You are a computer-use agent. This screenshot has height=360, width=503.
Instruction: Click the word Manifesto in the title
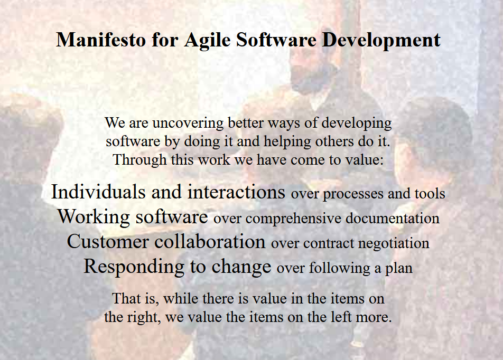click(101, 40)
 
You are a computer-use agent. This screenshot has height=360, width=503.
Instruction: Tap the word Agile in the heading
click(207, 41)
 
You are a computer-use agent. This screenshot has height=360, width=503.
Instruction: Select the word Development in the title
click(381, 41)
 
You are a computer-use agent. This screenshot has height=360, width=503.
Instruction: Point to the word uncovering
click(188, 123)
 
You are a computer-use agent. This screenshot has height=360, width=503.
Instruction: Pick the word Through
click(140, 160)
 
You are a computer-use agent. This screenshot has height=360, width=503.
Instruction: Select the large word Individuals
click(98, 192)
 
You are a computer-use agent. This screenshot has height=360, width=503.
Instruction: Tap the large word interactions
click(236, 192)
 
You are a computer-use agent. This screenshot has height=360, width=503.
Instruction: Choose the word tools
click(430, 194)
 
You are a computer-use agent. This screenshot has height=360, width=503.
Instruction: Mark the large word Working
click(94, 217)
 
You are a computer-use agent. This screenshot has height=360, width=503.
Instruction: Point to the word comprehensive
click(293, 219)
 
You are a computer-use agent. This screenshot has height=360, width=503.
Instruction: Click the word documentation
click(393, 219)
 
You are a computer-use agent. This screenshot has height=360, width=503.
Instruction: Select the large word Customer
click(108, 241)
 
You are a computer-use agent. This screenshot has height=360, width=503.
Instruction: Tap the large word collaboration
click(210, 241)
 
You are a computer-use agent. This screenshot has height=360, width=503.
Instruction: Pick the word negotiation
click(394, 243)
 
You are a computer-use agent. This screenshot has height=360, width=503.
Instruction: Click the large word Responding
click(134, 267)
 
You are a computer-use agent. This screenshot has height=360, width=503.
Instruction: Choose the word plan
click(399, 269)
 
